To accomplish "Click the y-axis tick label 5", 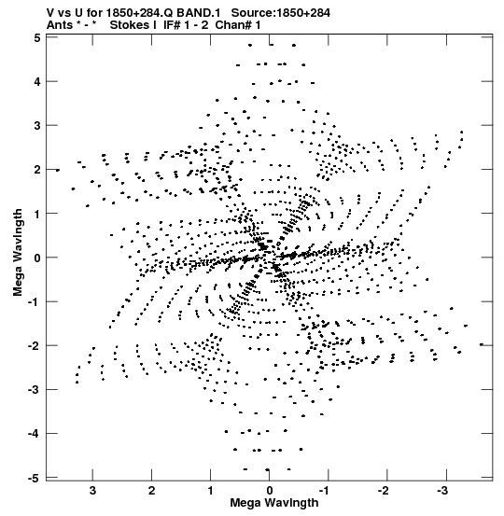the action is click(37, 38).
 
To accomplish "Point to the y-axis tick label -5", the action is click(35, 478).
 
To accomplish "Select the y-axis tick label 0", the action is click(37, 258).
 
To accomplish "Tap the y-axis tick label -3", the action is click(35, 390).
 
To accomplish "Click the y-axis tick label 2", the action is click(37, 170).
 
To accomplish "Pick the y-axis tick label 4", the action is click(37, 81).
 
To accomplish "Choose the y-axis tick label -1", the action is click(35, 302).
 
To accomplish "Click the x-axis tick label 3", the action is click(92, 491).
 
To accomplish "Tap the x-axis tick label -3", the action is click(443, 491).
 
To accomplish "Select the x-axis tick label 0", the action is click(270, 491).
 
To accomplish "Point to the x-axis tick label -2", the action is click(385, 491).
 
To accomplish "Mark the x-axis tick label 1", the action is click(211, 491).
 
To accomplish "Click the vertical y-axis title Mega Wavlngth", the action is click(18, 253).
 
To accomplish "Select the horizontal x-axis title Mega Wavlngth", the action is click(274, 503).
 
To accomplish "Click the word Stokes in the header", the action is click(130, 24).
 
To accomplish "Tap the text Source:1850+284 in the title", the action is click(281, 12).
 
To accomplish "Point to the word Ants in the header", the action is click(60, 24).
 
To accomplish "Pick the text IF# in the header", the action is click(172, 24).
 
